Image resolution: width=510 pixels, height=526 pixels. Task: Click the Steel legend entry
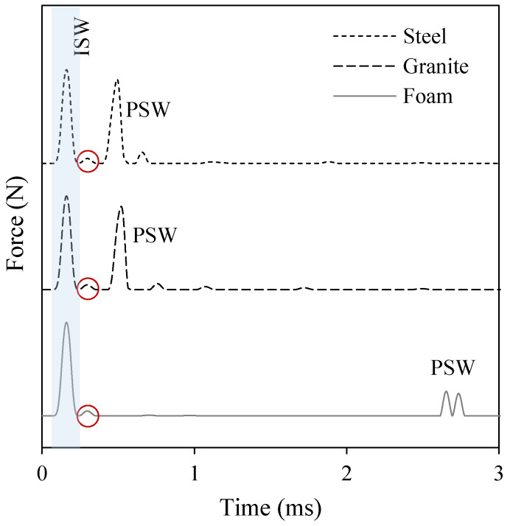click(428, 36)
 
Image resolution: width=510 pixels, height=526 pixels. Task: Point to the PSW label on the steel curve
click(148, 111)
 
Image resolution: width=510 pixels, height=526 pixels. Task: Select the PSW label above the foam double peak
click(453, 366)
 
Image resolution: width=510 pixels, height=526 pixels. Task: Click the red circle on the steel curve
click(88, 161)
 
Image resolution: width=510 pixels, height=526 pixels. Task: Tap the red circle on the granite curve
click(88, 288)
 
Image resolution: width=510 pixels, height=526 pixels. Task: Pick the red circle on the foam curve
click(88, 415)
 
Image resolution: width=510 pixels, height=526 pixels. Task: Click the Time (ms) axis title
click(270, 508)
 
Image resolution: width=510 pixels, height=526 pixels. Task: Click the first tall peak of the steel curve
click(66, 71)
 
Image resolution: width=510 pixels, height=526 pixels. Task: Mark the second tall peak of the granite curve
click(121, 208)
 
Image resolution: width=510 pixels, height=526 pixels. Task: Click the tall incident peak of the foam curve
click(66, 323)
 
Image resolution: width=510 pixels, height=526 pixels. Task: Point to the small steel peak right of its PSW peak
click(142, 153)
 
